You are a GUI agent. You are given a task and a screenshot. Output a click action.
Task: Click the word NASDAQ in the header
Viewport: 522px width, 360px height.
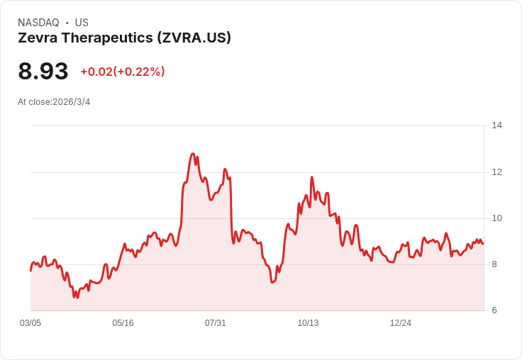click(x=38, y=23)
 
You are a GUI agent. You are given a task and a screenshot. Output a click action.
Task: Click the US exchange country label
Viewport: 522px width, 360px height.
click(x=82, y=23)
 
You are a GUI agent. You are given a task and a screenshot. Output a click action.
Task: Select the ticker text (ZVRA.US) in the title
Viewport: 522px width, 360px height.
click(x=193, y=38)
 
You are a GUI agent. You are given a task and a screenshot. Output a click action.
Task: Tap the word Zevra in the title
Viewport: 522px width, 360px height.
click(x=36, y=38)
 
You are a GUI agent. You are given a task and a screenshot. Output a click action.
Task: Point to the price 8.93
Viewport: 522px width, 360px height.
click(x=43, y=72)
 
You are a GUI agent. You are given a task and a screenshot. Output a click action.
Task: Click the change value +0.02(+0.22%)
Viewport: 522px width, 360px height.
click(x=123, y=72)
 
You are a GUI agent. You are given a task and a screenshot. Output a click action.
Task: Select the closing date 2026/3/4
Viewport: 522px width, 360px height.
click(x=72, y=102)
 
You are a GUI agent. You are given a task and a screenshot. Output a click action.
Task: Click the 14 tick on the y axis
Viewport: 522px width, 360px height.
click(x=496, y=125)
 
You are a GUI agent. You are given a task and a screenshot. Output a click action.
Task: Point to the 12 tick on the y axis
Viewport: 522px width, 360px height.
click(x=496, y=172)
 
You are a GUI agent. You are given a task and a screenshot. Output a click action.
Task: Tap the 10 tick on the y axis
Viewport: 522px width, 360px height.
click(x=496, y=218)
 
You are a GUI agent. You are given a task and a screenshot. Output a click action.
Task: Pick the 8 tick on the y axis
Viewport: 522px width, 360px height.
click(x=494, y=264)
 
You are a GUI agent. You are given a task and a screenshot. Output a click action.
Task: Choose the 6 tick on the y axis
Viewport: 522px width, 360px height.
click(x=494, y=310)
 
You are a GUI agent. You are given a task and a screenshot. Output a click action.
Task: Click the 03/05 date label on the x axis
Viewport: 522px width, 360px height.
click(x=30, y=323)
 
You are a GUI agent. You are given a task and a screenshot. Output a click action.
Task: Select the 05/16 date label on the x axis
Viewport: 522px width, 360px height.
click(x=123, y=323)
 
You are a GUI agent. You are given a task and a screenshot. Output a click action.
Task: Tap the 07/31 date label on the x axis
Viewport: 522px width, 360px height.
click(x=216, y=323)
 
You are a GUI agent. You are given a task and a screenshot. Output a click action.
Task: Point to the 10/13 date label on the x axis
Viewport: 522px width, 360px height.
click(x=308, y=323)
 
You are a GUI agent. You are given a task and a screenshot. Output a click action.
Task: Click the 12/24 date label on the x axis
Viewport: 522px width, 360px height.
click(x=401, y=323)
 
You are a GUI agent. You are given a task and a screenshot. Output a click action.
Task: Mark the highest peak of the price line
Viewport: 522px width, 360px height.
click(x=193, y=154)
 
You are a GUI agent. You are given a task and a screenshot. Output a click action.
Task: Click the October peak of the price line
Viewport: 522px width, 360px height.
click(x=312, y=177)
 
